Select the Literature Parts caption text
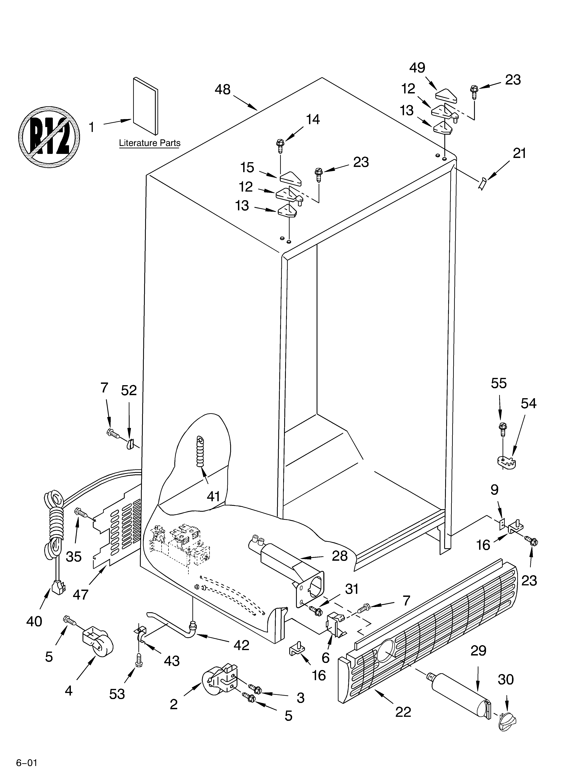tap(150, 143)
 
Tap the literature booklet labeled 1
tap(145, 106)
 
